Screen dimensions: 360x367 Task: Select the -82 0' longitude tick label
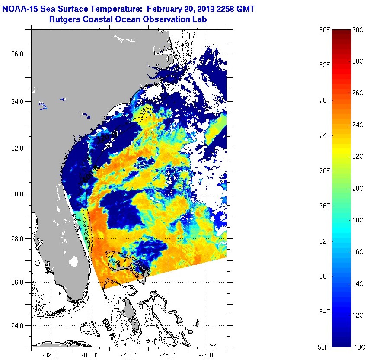pyautogui.click(x=51, y=354)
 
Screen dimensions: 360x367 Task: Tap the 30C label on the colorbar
pyautogui.click(x=358, y=30)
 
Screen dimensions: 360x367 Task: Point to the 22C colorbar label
pyautogui.click(x=358, y=156)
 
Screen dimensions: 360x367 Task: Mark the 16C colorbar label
pyautogui.click(x=358, y=251)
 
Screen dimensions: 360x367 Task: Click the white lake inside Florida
pyautogui.click(x=73, y=262)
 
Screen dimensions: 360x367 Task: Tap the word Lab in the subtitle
pyautogui.click(x=200, y=19)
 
